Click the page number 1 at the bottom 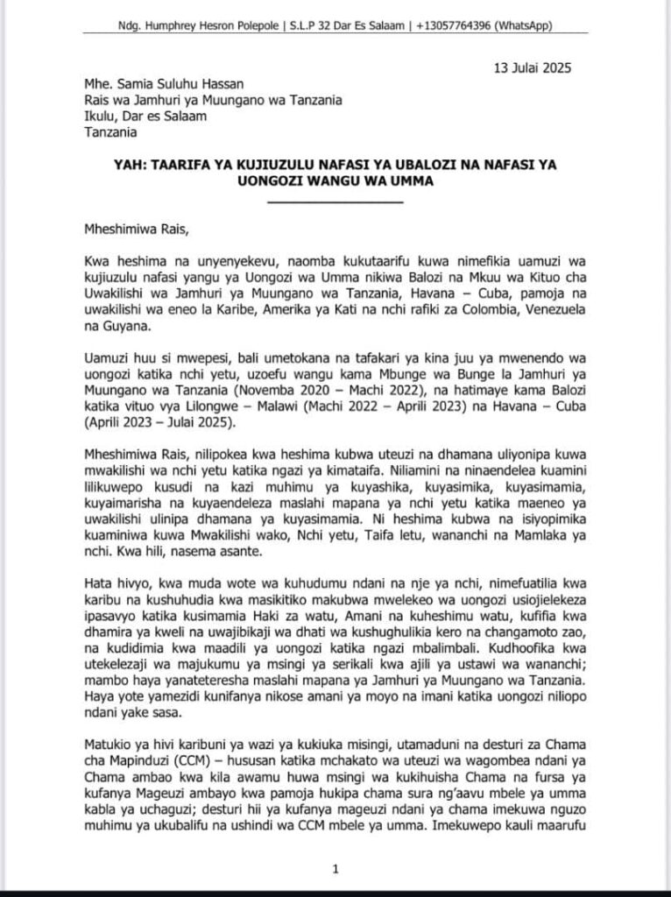(335, 869)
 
